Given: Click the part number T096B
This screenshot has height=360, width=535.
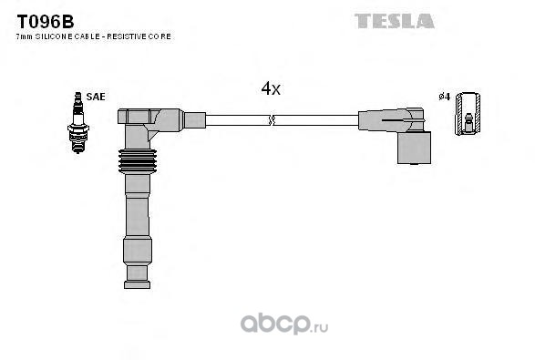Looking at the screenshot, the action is [46, 22].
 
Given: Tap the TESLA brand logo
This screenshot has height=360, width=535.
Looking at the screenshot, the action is [395, 21].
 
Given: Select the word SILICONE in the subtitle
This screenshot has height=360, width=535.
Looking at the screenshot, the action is [54, 36].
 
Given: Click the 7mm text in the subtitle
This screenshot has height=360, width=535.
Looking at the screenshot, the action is [25, 36].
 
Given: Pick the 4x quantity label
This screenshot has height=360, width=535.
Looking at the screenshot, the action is [271, 88].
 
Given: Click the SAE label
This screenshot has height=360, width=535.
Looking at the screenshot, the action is [96, 97].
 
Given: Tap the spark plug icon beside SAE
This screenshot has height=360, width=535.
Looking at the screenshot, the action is [78, 122].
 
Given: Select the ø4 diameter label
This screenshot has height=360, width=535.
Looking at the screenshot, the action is [445, 97].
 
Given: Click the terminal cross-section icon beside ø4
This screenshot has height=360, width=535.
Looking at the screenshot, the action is [468, 114].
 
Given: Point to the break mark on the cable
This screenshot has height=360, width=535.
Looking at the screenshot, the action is [272, 120].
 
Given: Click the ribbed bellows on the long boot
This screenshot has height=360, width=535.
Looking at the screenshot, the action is [138, 161].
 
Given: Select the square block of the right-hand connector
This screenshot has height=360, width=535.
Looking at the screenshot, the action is [414, 148].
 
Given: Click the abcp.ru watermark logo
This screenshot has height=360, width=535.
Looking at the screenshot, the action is [284, 324].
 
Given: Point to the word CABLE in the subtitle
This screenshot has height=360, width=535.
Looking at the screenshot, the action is [87, 36].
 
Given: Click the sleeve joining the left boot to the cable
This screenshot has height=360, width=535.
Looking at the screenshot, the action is [194, 120].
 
